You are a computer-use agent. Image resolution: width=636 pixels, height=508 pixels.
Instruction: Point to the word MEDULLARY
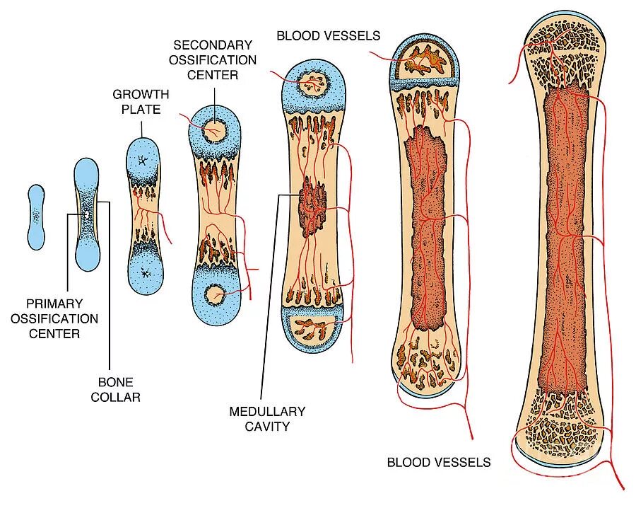(266, 411)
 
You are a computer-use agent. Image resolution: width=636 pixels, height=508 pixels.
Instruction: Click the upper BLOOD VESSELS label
(328, 35)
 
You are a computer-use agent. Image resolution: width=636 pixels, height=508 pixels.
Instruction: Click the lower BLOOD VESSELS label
(438, 463)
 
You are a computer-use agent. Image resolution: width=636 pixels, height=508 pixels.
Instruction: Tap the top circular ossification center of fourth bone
(213, 130)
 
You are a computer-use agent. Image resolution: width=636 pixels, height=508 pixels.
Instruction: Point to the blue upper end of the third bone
(144, 159)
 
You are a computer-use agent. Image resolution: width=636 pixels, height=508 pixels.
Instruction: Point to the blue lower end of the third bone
(144, 272)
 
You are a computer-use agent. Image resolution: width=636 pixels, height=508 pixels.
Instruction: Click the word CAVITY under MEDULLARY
(266, 426)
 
